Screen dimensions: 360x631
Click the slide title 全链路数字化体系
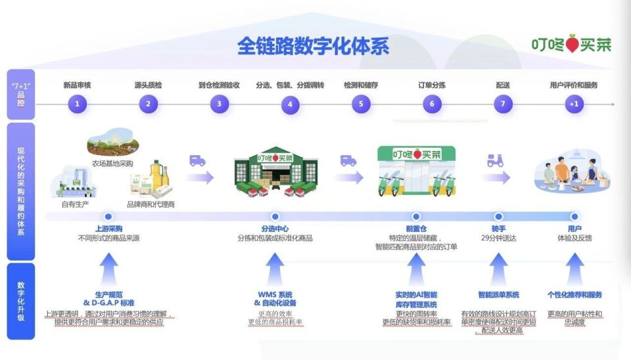[313, 46]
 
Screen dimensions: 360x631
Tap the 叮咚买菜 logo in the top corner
[571, 45]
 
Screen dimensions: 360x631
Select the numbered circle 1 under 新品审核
[77, 104]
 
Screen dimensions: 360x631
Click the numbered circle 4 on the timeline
[290, 104]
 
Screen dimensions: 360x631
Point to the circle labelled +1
[574, 104]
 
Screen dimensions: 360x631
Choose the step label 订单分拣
[432, 85]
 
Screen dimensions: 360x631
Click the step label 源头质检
[148, 85]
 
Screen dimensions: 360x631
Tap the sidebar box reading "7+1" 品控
[20, 95]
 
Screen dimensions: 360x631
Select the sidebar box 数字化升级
[20, 300]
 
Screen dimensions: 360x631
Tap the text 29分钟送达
[499, 237]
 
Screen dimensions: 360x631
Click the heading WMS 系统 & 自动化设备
[275, 299]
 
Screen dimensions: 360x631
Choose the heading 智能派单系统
[498, 295]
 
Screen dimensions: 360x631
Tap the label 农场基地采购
[112, 163]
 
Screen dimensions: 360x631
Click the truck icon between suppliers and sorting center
[198, 160]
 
